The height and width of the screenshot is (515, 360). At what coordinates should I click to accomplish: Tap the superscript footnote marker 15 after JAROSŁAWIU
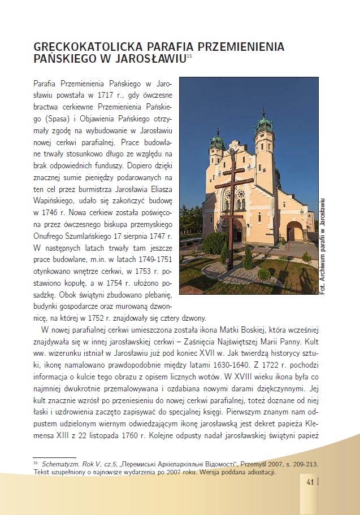(x=189, y=56)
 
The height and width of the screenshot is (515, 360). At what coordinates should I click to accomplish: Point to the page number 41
(x=310, y=482)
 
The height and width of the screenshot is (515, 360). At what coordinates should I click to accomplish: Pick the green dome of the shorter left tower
(x=216, y=139)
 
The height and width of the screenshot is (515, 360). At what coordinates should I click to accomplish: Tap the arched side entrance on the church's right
(x=295, y=232)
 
